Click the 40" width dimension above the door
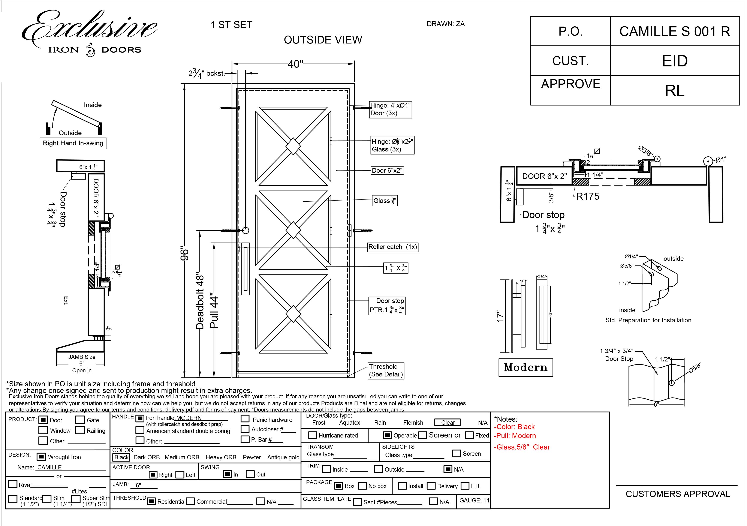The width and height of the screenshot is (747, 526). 295,64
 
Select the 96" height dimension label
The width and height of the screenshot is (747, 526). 184,254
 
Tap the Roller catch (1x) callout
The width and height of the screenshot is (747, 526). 392,247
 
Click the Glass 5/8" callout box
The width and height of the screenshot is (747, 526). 385,201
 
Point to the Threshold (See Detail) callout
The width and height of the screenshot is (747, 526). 386,370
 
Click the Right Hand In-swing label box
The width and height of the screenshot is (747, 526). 73,143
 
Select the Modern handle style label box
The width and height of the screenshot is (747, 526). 525,367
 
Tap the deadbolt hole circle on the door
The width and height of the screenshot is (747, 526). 246,231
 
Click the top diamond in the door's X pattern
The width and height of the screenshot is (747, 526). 293,146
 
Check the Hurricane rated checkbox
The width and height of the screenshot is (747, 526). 312,435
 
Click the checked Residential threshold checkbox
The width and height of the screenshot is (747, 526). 151,501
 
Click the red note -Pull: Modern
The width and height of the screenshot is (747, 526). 515,436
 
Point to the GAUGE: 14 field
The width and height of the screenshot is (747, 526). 474,500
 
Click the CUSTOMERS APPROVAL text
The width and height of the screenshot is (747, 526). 678,494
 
